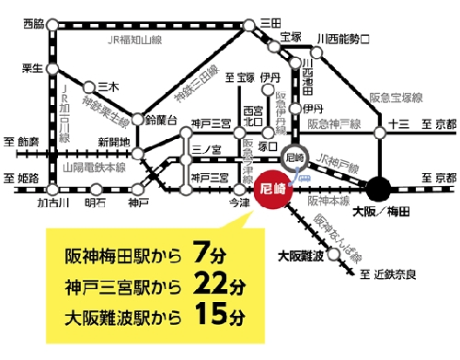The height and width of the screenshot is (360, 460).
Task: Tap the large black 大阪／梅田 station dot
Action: tap(379, 190)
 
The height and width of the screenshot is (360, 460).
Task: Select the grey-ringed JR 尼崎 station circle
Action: tap(294, 158)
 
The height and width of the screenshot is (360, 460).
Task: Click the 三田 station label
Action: tap(270, 22)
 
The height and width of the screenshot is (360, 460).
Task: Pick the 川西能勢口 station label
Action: tap(342, 39)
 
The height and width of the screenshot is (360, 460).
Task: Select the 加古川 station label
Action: tap(50, 201)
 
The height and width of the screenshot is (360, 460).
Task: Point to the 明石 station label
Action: tap(95, 201)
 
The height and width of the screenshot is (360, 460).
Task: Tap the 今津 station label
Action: tap(238, 201)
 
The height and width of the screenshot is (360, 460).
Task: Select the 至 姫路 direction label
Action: tap(20, 175)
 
